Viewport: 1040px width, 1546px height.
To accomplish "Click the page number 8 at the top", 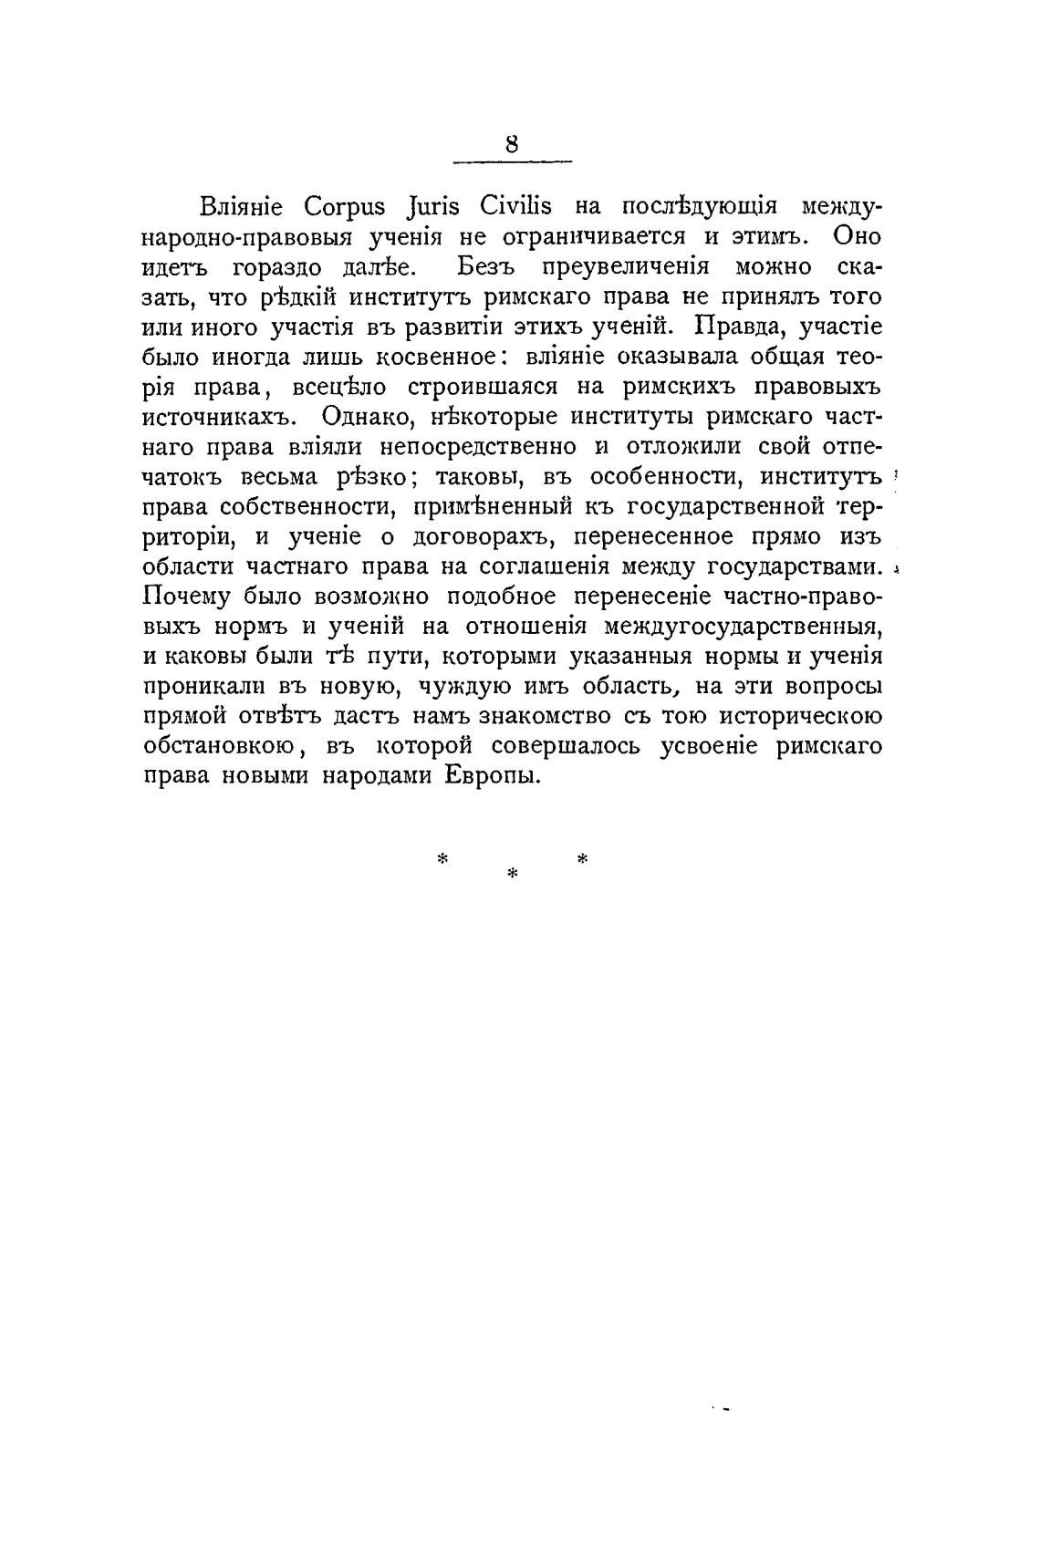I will click(x=512, y=145).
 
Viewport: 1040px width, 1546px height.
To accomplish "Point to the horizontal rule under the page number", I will click(x=512, y=163).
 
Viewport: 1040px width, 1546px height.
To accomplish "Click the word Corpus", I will click(x=346, y=207).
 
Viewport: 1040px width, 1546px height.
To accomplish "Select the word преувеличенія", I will click(x=626, y=266).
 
